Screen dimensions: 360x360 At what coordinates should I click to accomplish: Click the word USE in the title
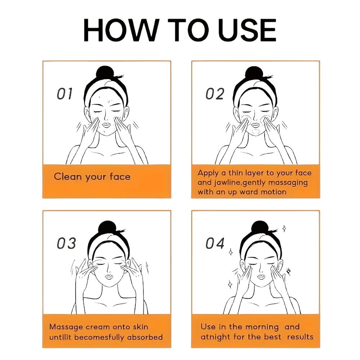click(x=247, y=30)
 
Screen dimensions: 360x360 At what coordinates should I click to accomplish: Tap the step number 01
click(x=64, y=94)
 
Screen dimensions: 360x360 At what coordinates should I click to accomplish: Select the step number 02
click(x=215, y=94)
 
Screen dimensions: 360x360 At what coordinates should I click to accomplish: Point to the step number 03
click(x=66, y=243)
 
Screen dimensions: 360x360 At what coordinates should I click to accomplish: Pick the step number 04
click(x=215, y=243)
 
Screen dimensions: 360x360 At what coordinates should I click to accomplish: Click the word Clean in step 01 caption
click(x=68, y=176)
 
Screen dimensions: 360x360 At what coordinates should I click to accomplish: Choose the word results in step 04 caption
click(x=300, y=337)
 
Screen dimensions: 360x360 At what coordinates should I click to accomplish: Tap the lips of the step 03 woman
click(x=109, y=276)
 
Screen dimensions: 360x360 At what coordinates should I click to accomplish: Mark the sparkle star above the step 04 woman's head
click(x=284, y=229)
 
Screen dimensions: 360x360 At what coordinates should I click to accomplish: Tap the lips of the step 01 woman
click(x=106, y=125)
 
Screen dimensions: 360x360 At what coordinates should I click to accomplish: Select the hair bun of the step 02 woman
click(x=254, y=72)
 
